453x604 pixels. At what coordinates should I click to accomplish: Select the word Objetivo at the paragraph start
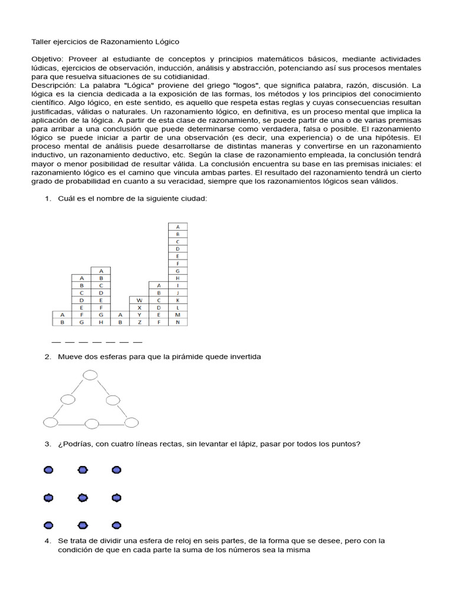[x=49, y=59]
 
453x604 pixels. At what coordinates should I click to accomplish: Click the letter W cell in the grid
[x=139, y=300]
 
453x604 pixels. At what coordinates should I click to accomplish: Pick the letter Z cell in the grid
[x=139, y=323]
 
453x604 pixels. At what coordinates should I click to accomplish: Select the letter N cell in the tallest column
[x=178, y=323]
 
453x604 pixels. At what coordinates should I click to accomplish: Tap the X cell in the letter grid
[x=139, y=307]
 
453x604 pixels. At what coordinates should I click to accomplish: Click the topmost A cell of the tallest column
[x=178, y=226]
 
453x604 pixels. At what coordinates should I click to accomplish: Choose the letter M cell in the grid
[x=178, y=315]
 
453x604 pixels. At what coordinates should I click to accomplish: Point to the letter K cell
[x=178, y=300]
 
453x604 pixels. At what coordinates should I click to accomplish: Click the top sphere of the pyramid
[x=90, y=375]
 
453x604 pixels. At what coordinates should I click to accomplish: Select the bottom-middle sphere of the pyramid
[x=91, y=423]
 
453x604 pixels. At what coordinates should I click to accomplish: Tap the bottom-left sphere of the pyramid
[x=51, y=422]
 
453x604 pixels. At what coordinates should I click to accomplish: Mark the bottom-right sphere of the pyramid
[x=131, y=422]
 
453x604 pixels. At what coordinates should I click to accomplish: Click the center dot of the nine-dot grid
[x=83, y=498]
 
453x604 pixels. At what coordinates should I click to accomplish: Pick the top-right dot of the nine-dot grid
[x=117, y=470]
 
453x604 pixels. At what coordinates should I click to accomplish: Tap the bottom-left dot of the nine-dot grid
[x=48, y=525]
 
